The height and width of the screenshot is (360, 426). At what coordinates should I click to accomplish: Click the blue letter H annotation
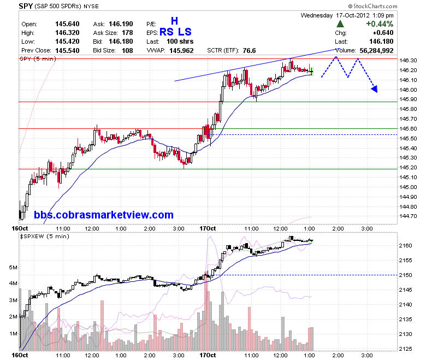click(x=174, y=21)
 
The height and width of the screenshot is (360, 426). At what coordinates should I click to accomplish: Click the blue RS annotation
click(x=167, y=32)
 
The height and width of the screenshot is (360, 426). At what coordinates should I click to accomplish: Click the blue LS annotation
click(x=185, y=32)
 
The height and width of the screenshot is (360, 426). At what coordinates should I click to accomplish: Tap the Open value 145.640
click(x=67, y=24)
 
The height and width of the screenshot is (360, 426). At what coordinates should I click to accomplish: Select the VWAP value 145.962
click(x=181, y=51)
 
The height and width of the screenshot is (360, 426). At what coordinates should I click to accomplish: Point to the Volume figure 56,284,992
click(x=376, y=51)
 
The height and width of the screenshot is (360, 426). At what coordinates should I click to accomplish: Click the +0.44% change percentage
click(x=380, y=24)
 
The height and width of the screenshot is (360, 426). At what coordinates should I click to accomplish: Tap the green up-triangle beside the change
click(x=340, y=24)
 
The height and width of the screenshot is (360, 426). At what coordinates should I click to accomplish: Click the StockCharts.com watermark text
click(x=372, y=6)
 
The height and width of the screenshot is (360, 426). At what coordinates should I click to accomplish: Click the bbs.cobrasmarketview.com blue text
click(x=104, y=215)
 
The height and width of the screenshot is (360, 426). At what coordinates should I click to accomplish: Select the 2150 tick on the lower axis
click(x=405, y=275)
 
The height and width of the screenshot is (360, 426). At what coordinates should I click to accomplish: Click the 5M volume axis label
click(x=13, y=267)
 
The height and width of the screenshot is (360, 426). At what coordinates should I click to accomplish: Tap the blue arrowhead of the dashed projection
click(x=375, y=89)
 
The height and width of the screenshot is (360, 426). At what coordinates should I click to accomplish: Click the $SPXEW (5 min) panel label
click(x=45, y=237)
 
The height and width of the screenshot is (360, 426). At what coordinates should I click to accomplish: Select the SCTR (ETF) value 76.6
click(x=249, y=51)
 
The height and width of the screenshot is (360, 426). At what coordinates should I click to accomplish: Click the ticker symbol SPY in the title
click(x=26, y=6)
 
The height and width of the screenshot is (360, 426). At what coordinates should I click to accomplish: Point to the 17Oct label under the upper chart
click(x=208, y=228)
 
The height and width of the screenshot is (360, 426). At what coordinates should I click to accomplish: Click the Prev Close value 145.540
click(x=67, y=51)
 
